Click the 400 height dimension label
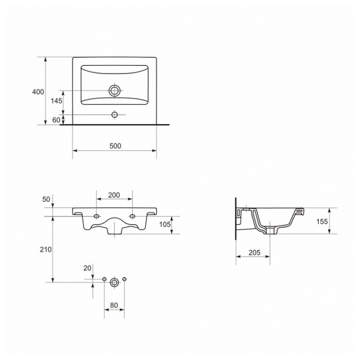[38, 92]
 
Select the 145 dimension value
[56, 101]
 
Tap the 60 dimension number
[56, 120]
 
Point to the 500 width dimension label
[115, 146]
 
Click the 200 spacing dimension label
[114, 195]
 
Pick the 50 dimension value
[46, 200]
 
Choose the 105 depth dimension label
[165, 224]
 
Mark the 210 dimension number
[46, 249]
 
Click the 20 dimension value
[87, 268]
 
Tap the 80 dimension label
[114, 305]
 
